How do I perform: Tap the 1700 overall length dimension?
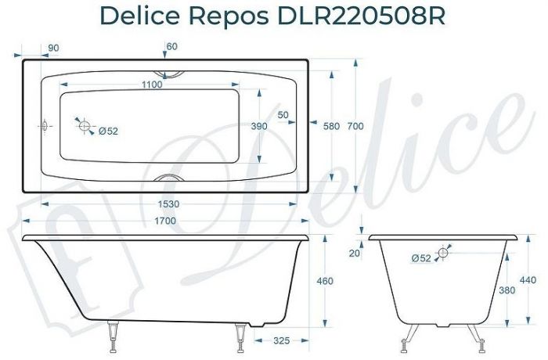point(164,221)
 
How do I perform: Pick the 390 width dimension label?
point(258,126)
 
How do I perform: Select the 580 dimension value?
point(332,126)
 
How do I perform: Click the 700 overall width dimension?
point(356,126)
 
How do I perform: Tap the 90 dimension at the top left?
point(53,49)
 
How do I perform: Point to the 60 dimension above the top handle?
point(171,47)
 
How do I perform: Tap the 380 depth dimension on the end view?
point(508,290)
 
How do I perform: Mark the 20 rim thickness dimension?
point(355,252)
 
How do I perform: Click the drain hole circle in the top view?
point(85,126)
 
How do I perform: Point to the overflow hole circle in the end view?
point(445,252)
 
